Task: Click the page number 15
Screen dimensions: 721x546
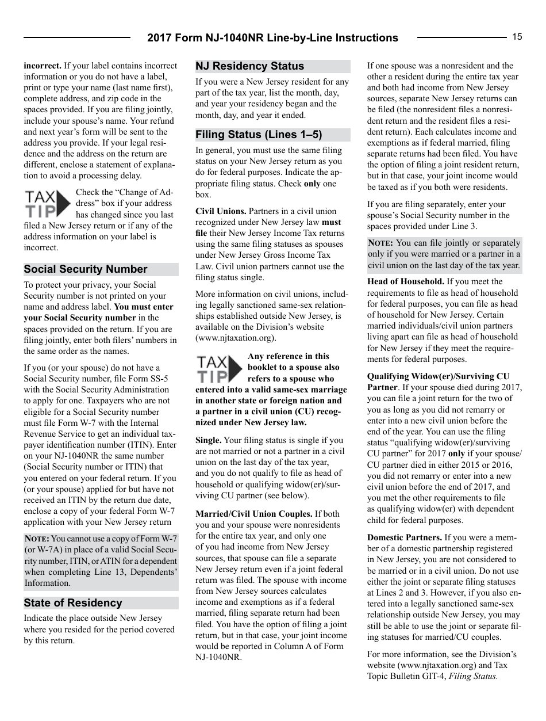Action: (x=517, y=37)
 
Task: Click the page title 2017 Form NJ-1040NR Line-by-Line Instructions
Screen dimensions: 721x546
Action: (x=272, y=38)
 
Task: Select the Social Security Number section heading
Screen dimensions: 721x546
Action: (x=86, y=269)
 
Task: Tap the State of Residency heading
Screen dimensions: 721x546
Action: (x=73, y=603)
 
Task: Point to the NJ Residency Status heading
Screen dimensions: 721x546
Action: (x=249, y=66)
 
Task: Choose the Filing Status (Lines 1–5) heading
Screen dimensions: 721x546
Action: (x=259, y=135)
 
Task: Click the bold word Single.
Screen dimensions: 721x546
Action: (x=208, y=440)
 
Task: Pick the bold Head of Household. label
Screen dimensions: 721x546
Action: (x=405, y=281)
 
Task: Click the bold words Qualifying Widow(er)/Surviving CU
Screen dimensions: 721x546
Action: (x=438, y=376)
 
